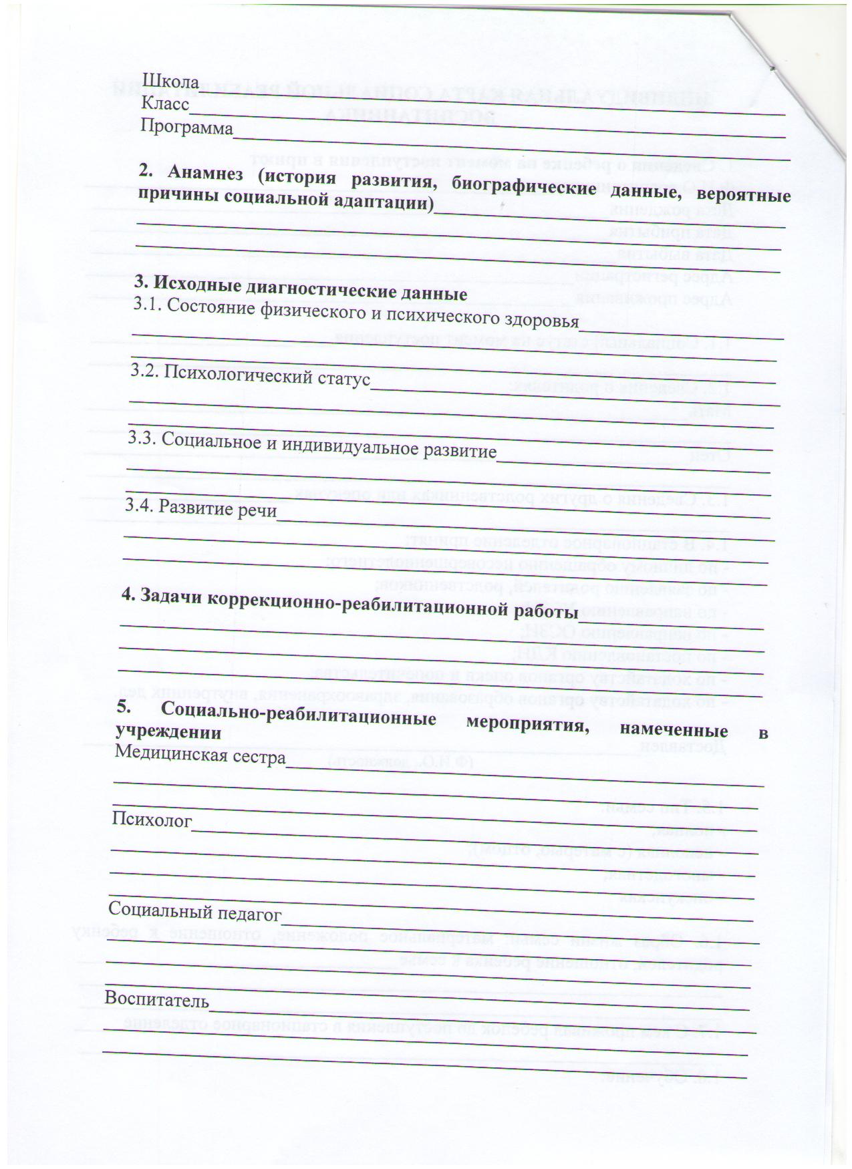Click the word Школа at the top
point(170,81)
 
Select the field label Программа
point(187,126)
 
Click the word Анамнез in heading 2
point(206,172)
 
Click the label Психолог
point(152,820)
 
